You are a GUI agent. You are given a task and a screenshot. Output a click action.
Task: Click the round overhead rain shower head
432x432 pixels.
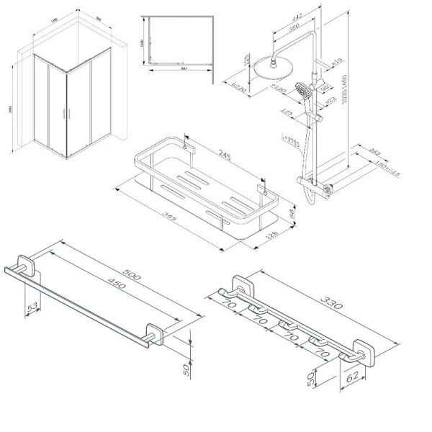pos(276,71)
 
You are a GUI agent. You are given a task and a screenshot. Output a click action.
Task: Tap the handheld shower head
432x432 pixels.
pos(308,91)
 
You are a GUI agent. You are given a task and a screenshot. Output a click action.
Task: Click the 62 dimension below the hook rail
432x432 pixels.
pos(352,374)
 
